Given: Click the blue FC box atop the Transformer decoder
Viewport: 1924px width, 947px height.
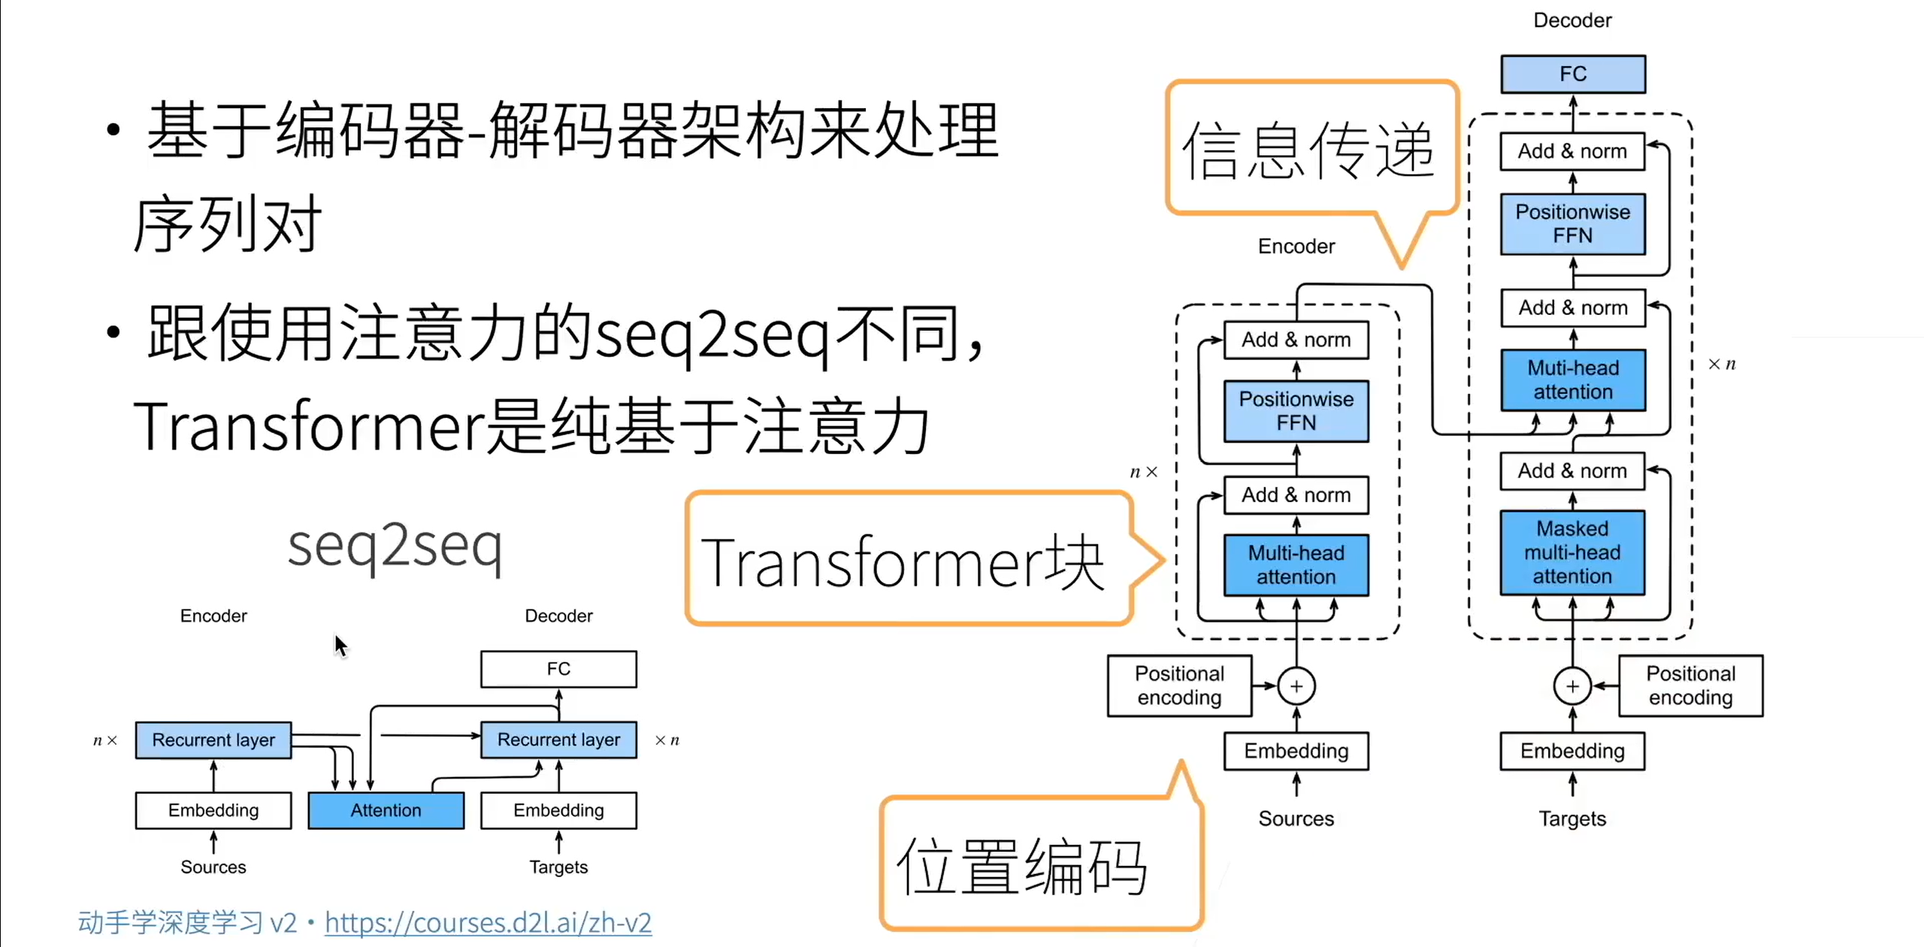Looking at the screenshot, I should (1572, 74).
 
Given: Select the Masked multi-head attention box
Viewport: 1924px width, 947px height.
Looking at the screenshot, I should (1572, 552).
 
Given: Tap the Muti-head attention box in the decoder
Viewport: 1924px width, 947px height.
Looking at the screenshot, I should (1572, 380).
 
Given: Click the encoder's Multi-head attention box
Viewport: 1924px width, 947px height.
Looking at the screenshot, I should (1296, 564).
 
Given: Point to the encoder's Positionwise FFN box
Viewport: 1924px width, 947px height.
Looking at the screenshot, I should (1296, 410).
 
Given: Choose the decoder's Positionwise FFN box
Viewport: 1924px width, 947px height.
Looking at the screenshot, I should (1572, 223).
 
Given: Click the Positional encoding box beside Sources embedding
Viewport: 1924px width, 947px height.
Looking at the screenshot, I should (1179, 685).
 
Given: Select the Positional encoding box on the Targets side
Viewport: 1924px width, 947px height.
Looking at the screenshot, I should (1690, 685).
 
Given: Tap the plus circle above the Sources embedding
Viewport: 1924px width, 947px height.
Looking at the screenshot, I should (1296, 686).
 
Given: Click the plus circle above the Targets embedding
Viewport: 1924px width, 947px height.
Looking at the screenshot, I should (1572, 686).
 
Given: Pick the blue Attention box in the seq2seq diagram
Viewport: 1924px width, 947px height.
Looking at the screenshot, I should (386, 810).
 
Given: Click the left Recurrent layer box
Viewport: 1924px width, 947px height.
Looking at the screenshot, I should (213, 740).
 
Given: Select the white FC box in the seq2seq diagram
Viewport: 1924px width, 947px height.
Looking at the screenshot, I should (558, 669).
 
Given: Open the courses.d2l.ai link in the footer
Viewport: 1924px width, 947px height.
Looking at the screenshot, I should (488, 922).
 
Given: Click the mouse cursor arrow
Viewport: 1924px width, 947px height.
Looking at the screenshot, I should (340, 645).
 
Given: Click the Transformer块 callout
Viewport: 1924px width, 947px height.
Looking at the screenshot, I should (906, 560).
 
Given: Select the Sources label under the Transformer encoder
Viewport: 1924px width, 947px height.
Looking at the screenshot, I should (1296, 818).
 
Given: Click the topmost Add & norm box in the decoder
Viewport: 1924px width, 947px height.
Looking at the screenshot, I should (1572, 151).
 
